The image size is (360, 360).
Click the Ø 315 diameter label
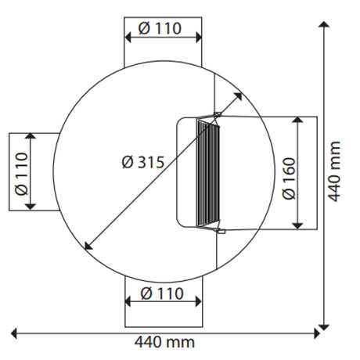pyautogui.click(x=142, y=163)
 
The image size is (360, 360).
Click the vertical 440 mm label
pyautogui.click(x=337, y=172)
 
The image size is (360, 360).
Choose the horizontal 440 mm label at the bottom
pyautogui.click(x=164, y=342)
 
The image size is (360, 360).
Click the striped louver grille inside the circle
pyautogui.click(x=207, y=173)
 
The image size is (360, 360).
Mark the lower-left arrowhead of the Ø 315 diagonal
pyautogui.click(x=86, y=246)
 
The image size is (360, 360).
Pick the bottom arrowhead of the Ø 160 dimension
pyautogui.click(x=297, y=225)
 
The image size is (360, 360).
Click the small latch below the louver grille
pyautogui.click(x=221, y=231)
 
